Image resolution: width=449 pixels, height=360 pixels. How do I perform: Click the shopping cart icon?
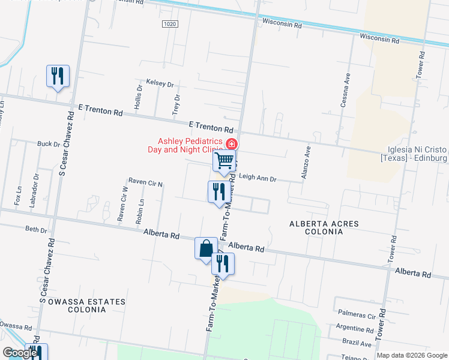click(224, 161)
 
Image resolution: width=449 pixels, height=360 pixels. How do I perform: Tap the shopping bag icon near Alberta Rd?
click(206, 248)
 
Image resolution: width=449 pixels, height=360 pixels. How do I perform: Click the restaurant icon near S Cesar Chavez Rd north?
click(58, 76)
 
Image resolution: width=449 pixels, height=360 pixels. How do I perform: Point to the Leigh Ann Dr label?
click(258, 178)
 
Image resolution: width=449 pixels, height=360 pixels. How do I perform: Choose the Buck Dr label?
click(49, 144)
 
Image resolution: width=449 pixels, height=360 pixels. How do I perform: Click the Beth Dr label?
click(36, 229)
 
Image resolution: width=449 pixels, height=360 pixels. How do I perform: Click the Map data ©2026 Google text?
click(411, 355)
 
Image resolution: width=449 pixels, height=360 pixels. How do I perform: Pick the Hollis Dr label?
click(139, 95)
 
